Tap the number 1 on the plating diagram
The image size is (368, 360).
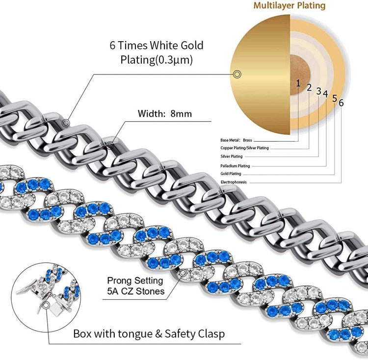point(298,83)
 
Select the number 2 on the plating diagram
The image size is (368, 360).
point(309,87)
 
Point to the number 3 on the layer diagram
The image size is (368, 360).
point(318,91)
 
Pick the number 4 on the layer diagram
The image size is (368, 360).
point(325,93)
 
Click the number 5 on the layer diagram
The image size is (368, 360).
point(335,98)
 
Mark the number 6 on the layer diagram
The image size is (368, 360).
point(341,103)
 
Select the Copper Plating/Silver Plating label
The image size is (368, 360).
point(244,148)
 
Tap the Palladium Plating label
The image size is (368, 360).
point(235,166)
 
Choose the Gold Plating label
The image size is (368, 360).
point(232,174)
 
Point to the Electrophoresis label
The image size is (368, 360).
point(234,182)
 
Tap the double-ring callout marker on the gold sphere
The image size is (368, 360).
point(237,74)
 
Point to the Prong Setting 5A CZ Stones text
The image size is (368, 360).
point(135,286)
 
